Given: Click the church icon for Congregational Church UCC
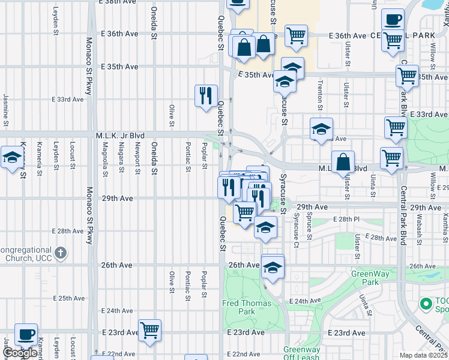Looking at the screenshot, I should [x=61, y=253].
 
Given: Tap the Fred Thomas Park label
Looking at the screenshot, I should [x=247, y=307].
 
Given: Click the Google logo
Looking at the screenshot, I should [x=20, y=353].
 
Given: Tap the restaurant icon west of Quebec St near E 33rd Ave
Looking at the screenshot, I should [x=205, y=95].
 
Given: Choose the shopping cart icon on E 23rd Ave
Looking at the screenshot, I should [x=149, y=329].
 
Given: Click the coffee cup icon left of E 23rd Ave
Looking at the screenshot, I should [x=26, y=334].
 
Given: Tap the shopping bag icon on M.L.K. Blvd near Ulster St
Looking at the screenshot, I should [x=342, y=163].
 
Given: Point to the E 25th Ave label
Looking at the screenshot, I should [x=69, y=298].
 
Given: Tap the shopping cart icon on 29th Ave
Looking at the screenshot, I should [x=245, y=212].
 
